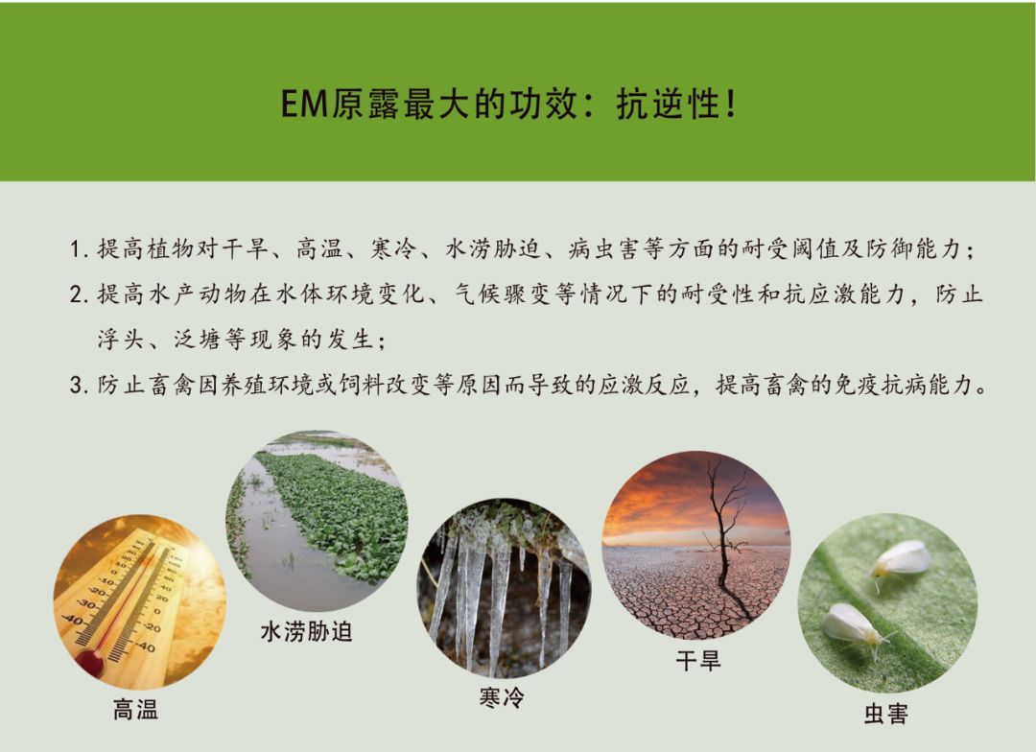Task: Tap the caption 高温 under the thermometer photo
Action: coord(135,711)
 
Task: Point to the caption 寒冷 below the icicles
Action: coord(502,697)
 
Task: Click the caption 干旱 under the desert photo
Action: coord(697,660)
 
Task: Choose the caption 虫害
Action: coord(885,714)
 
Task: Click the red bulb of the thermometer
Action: coord(90,662)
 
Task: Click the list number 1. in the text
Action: coord(80,251)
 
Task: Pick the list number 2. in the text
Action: coord(80,295)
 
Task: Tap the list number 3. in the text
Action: coord(80,386)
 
